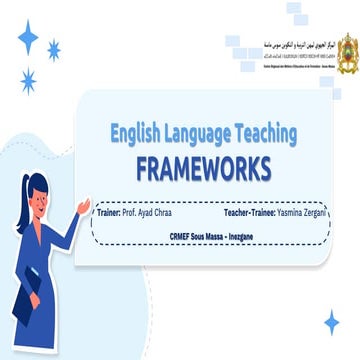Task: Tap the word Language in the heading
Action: [x=199, y=131]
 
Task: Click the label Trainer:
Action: [x=107, y=213]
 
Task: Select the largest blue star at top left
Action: [x=28, y=38]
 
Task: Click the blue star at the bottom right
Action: [x=332, y=321]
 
